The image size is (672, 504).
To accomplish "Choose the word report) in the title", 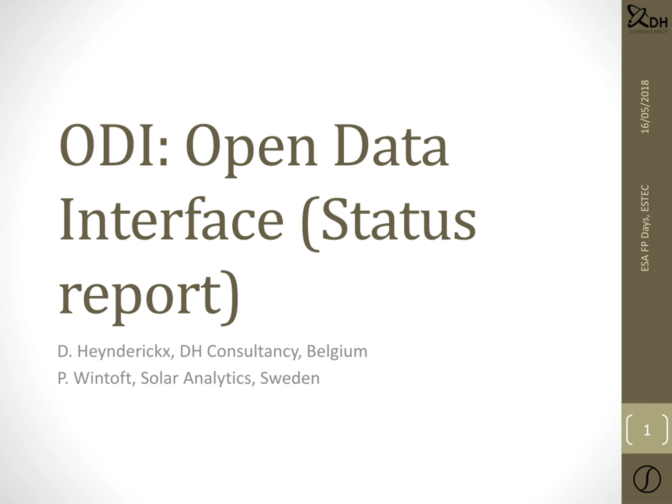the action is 149,298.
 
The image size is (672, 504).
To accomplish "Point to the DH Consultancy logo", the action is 647,19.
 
